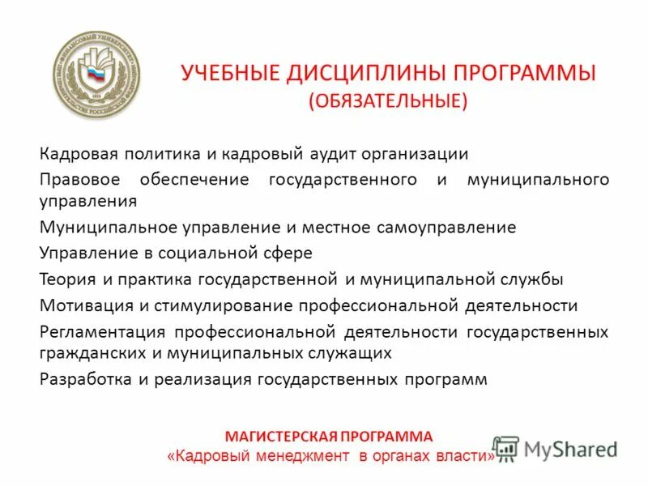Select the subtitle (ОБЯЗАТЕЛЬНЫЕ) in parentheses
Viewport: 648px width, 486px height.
point(387,100)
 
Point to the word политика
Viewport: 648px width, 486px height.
point(143,154)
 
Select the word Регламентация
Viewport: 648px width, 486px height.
point(102,332)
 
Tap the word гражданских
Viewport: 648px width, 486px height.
point(87,353)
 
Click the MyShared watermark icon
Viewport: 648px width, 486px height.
point(505,448)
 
